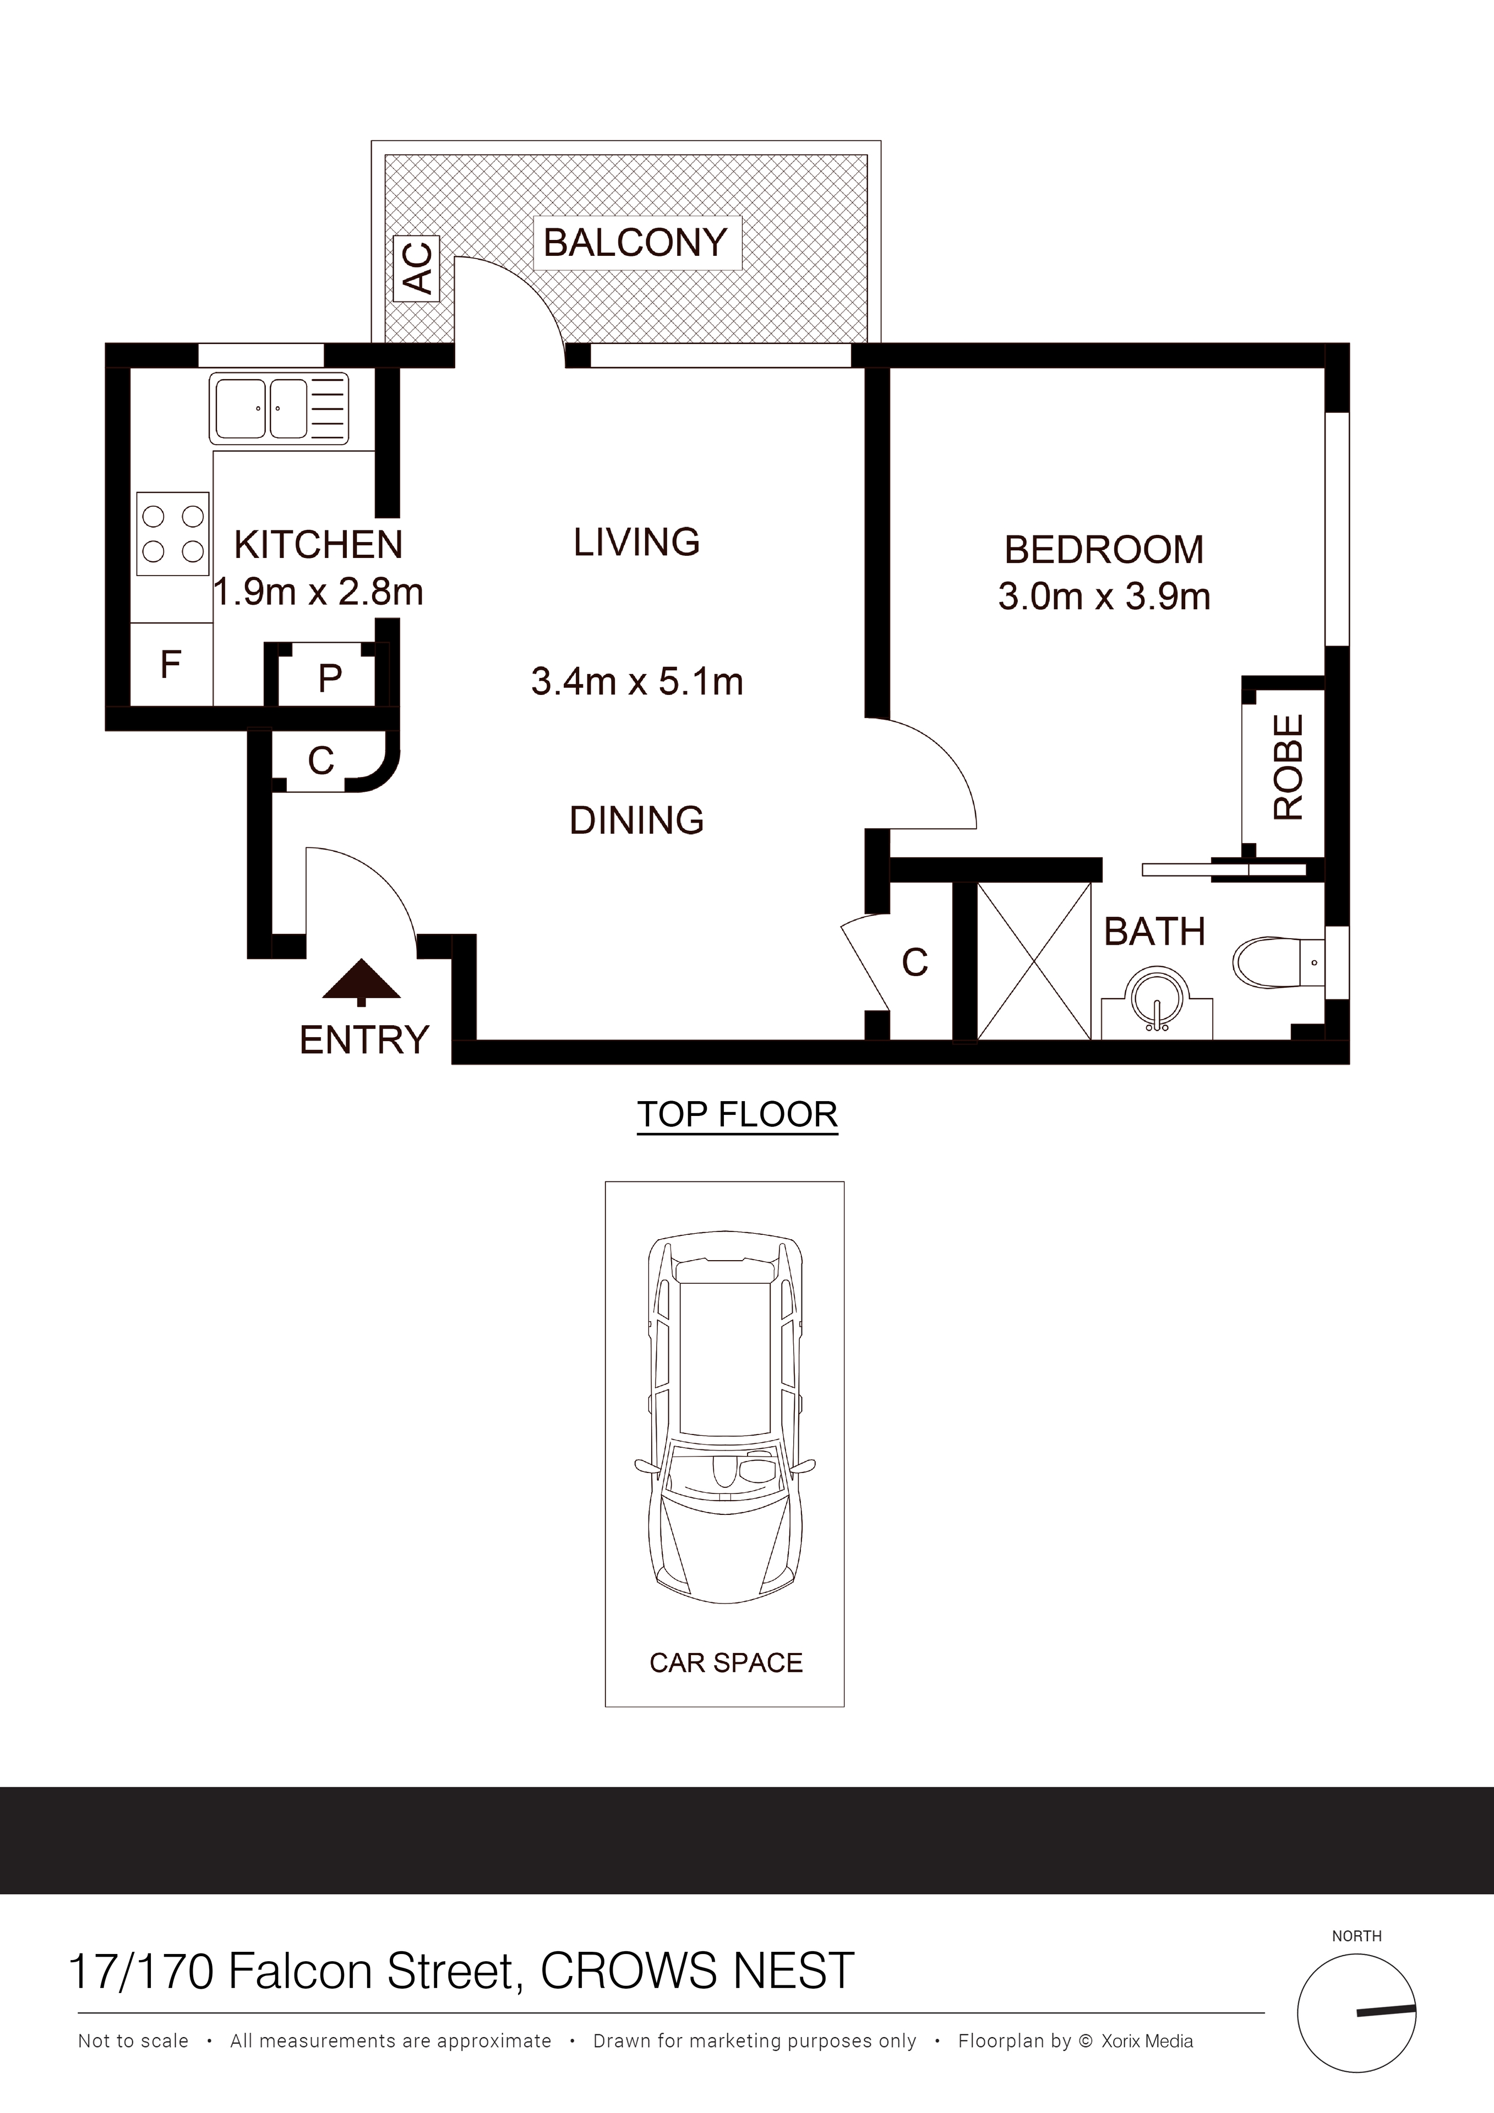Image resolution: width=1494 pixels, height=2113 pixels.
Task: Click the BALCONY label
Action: (636, 243)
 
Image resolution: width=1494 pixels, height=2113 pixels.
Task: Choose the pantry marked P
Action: (330, 678)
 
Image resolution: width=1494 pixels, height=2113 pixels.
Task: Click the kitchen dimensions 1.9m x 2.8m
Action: (319, 592)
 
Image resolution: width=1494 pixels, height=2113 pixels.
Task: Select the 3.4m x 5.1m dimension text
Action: (637, 682)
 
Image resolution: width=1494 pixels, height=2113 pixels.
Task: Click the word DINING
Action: (637, 820)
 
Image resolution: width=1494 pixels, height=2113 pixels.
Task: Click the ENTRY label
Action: (364, 1040)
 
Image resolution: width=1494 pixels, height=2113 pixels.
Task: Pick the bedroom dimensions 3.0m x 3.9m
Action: (1104, 596)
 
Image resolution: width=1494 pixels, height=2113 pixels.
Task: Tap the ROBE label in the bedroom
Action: (1288, 767)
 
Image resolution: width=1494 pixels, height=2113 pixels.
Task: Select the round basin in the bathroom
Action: (1157, 996)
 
